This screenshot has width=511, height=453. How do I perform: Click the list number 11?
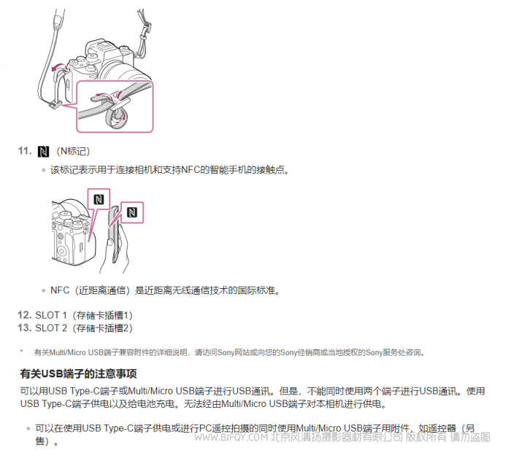pos(25,151)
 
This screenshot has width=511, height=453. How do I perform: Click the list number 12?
pos(24,315)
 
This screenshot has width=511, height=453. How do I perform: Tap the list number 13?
pos(24,328)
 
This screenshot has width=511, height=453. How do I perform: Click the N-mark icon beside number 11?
pos(43,152)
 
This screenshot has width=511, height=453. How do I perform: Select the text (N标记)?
pos(73,152)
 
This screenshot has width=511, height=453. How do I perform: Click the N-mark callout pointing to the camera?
pos(99,199)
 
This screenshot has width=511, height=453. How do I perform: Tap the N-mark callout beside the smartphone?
pos(132,212)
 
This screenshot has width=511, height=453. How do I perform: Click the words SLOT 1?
pos(51,315)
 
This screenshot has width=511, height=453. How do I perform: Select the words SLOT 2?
pos(51,328)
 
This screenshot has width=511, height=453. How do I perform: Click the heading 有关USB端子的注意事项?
pos(79,373)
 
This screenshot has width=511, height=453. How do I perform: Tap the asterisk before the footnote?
pos(21,351)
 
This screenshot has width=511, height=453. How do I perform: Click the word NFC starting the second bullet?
pos(60,290)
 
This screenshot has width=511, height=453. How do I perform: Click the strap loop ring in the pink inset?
pos(115,118)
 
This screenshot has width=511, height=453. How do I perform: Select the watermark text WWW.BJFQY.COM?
pos(231,437)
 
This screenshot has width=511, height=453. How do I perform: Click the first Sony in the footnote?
pos(226,352)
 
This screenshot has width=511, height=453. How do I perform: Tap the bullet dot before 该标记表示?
pos(44,170)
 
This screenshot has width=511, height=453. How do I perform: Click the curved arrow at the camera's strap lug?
pos(59,67)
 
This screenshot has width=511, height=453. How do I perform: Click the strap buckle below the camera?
pos(55,104)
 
